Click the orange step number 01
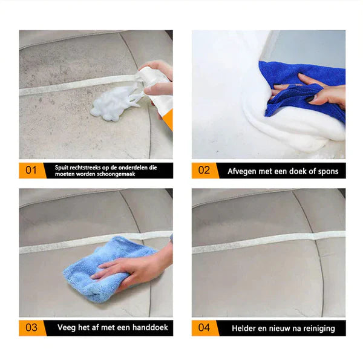click(31, 170)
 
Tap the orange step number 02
click(204, 170)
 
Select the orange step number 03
click(31, 327)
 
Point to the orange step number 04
click(204, 327)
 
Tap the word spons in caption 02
click(326, 171)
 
